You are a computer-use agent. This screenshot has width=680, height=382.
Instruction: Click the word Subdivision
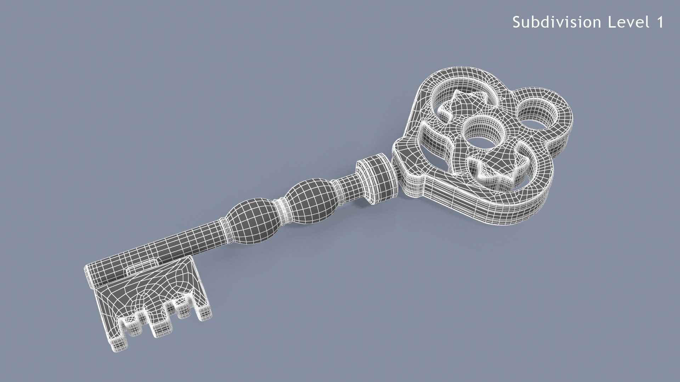pyautogui.click(x=556, y=22)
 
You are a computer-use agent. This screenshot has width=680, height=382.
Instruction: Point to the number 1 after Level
pyautogui.click(x=660, y=22)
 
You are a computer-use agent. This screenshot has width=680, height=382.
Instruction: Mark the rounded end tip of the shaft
pyautogui.click(x=91, y=274)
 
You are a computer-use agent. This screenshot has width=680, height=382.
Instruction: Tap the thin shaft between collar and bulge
pyautogui.click(x=349, y=187)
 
